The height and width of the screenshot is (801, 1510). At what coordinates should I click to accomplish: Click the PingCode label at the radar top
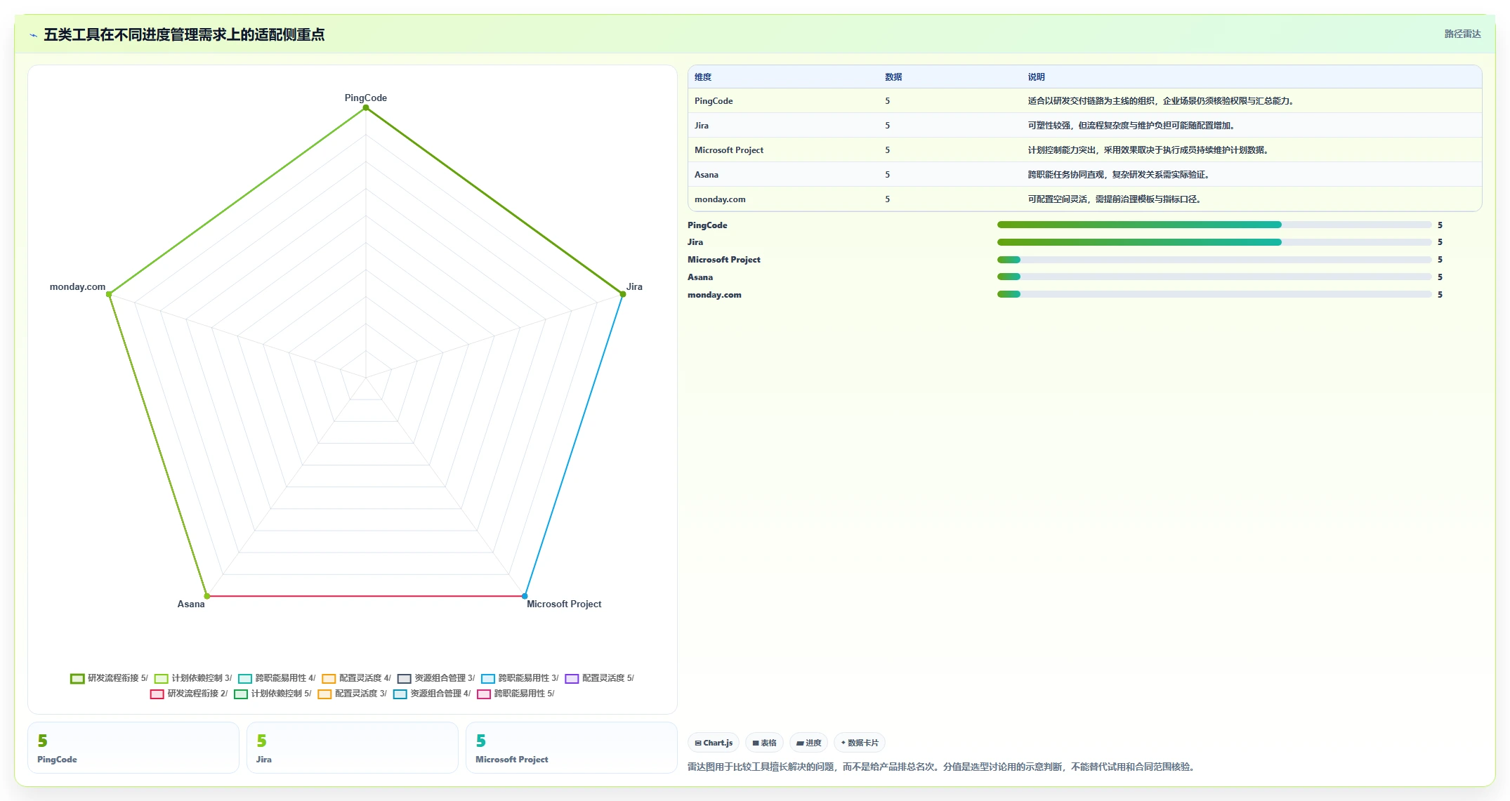[365, 98]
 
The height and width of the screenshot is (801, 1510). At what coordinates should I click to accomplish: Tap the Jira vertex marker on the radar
[622, 294]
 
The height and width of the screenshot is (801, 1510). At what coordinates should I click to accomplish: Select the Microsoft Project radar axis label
[564, 604]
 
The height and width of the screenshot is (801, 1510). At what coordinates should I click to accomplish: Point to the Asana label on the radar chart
[191, 604]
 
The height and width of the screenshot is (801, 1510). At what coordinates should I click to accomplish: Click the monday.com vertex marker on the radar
[109, 294]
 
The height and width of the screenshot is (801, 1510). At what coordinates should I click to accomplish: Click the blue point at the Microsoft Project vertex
[525, 596]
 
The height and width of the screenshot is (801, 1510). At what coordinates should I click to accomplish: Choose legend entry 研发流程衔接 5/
[110, 678]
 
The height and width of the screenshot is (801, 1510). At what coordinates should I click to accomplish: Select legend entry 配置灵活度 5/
[600, 678]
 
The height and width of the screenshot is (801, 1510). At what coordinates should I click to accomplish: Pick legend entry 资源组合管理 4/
[432, 694]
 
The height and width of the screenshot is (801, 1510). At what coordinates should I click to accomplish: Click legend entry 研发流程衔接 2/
[189, 694]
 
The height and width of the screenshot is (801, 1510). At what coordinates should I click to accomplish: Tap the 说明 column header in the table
[1036, 77]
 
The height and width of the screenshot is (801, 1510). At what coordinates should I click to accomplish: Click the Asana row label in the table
[707, 175]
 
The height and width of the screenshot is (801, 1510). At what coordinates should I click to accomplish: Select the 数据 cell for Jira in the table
[887, 126]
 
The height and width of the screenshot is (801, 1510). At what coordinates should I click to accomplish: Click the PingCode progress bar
[1214, 225]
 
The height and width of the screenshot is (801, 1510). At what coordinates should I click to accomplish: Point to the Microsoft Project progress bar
[1214, 260]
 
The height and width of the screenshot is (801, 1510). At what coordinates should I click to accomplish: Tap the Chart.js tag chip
[714, 743]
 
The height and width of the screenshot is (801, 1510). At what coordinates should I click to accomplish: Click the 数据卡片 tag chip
[860, 743]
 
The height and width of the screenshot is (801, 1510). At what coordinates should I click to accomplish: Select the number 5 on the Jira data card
[262, 741]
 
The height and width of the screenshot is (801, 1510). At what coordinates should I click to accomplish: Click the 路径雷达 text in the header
[1462, 34]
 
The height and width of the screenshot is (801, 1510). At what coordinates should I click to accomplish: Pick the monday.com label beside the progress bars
[714, 295]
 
